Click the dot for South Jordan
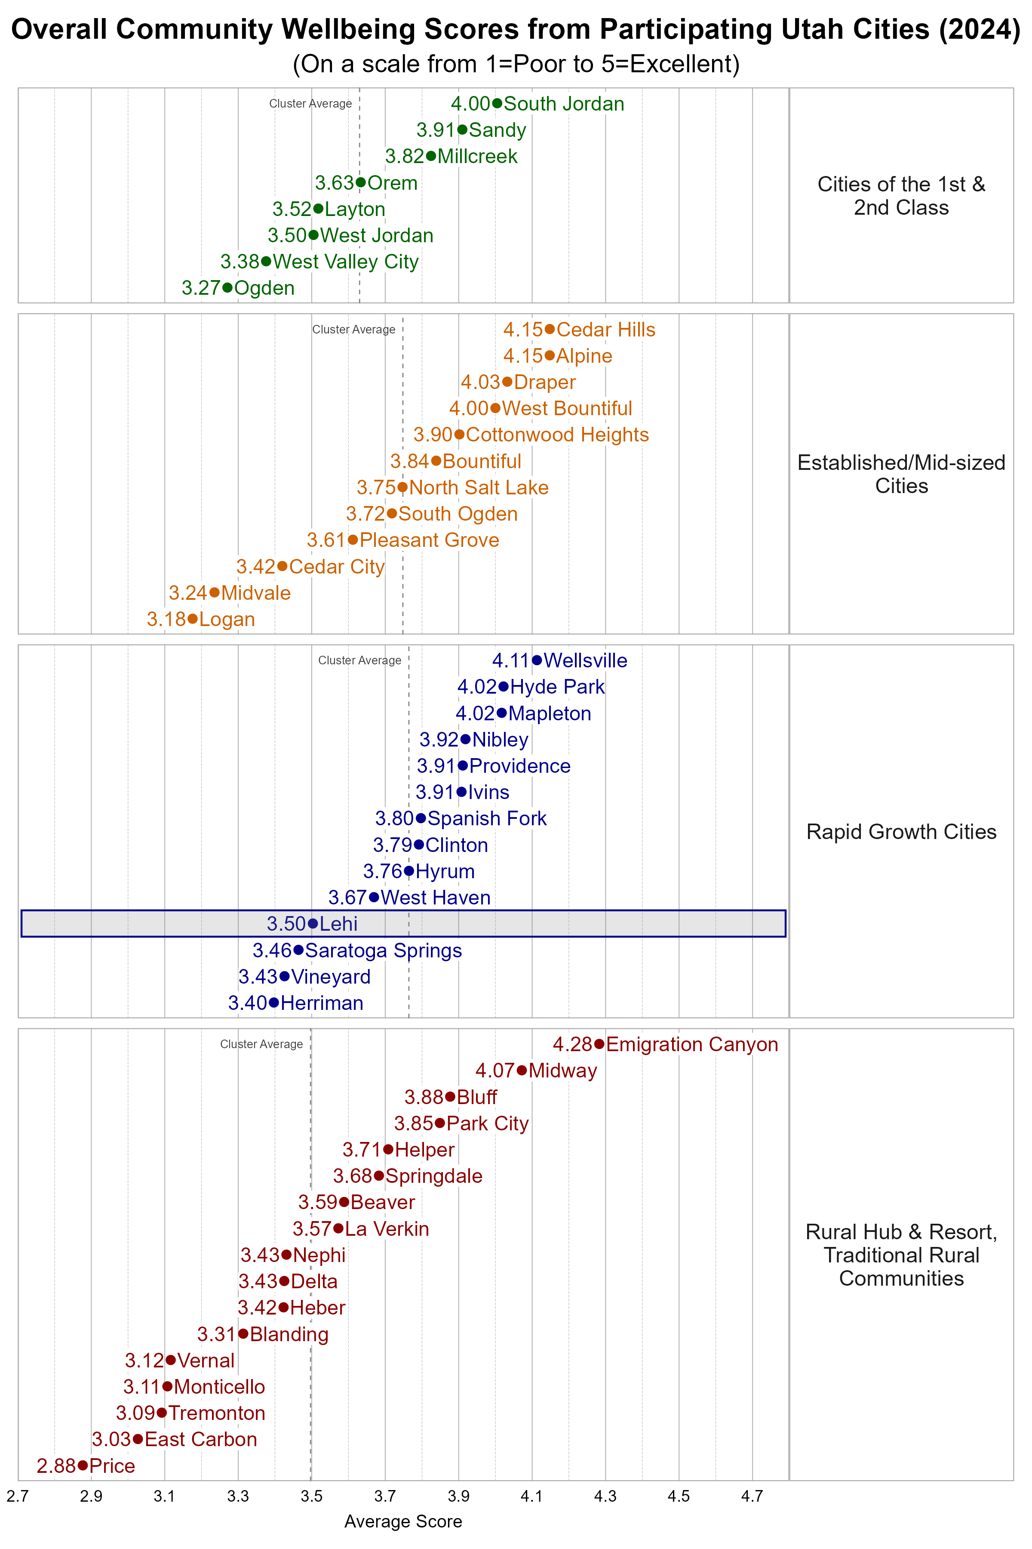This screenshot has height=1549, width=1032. tap(497, 103)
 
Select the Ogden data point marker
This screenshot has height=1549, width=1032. tap(227, 288)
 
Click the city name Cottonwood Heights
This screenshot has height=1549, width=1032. tap(557, 435)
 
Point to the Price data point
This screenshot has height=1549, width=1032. tap(82, 1466)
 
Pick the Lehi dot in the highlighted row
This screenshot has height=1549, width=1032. tap(313, 924)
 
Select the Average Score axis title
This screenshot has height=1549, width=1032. tap(403, 1521)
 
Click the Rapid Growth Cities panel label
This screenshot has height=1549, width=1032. tap(901, 832)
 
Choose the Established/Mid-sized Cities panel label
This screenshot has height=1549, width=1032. tap(901, 474)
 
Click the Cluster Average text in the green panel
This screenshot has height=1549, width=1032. tap(310, 103)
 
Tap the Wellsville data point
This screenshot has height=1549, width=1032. tap(537, 660)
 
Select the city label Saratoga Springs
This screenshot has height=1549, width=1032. tap(383, 950)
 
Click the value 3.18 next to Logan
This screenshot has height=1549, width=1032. tap(166, 619)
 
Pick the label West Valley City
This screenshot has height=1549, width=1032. tap(346, 262)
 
